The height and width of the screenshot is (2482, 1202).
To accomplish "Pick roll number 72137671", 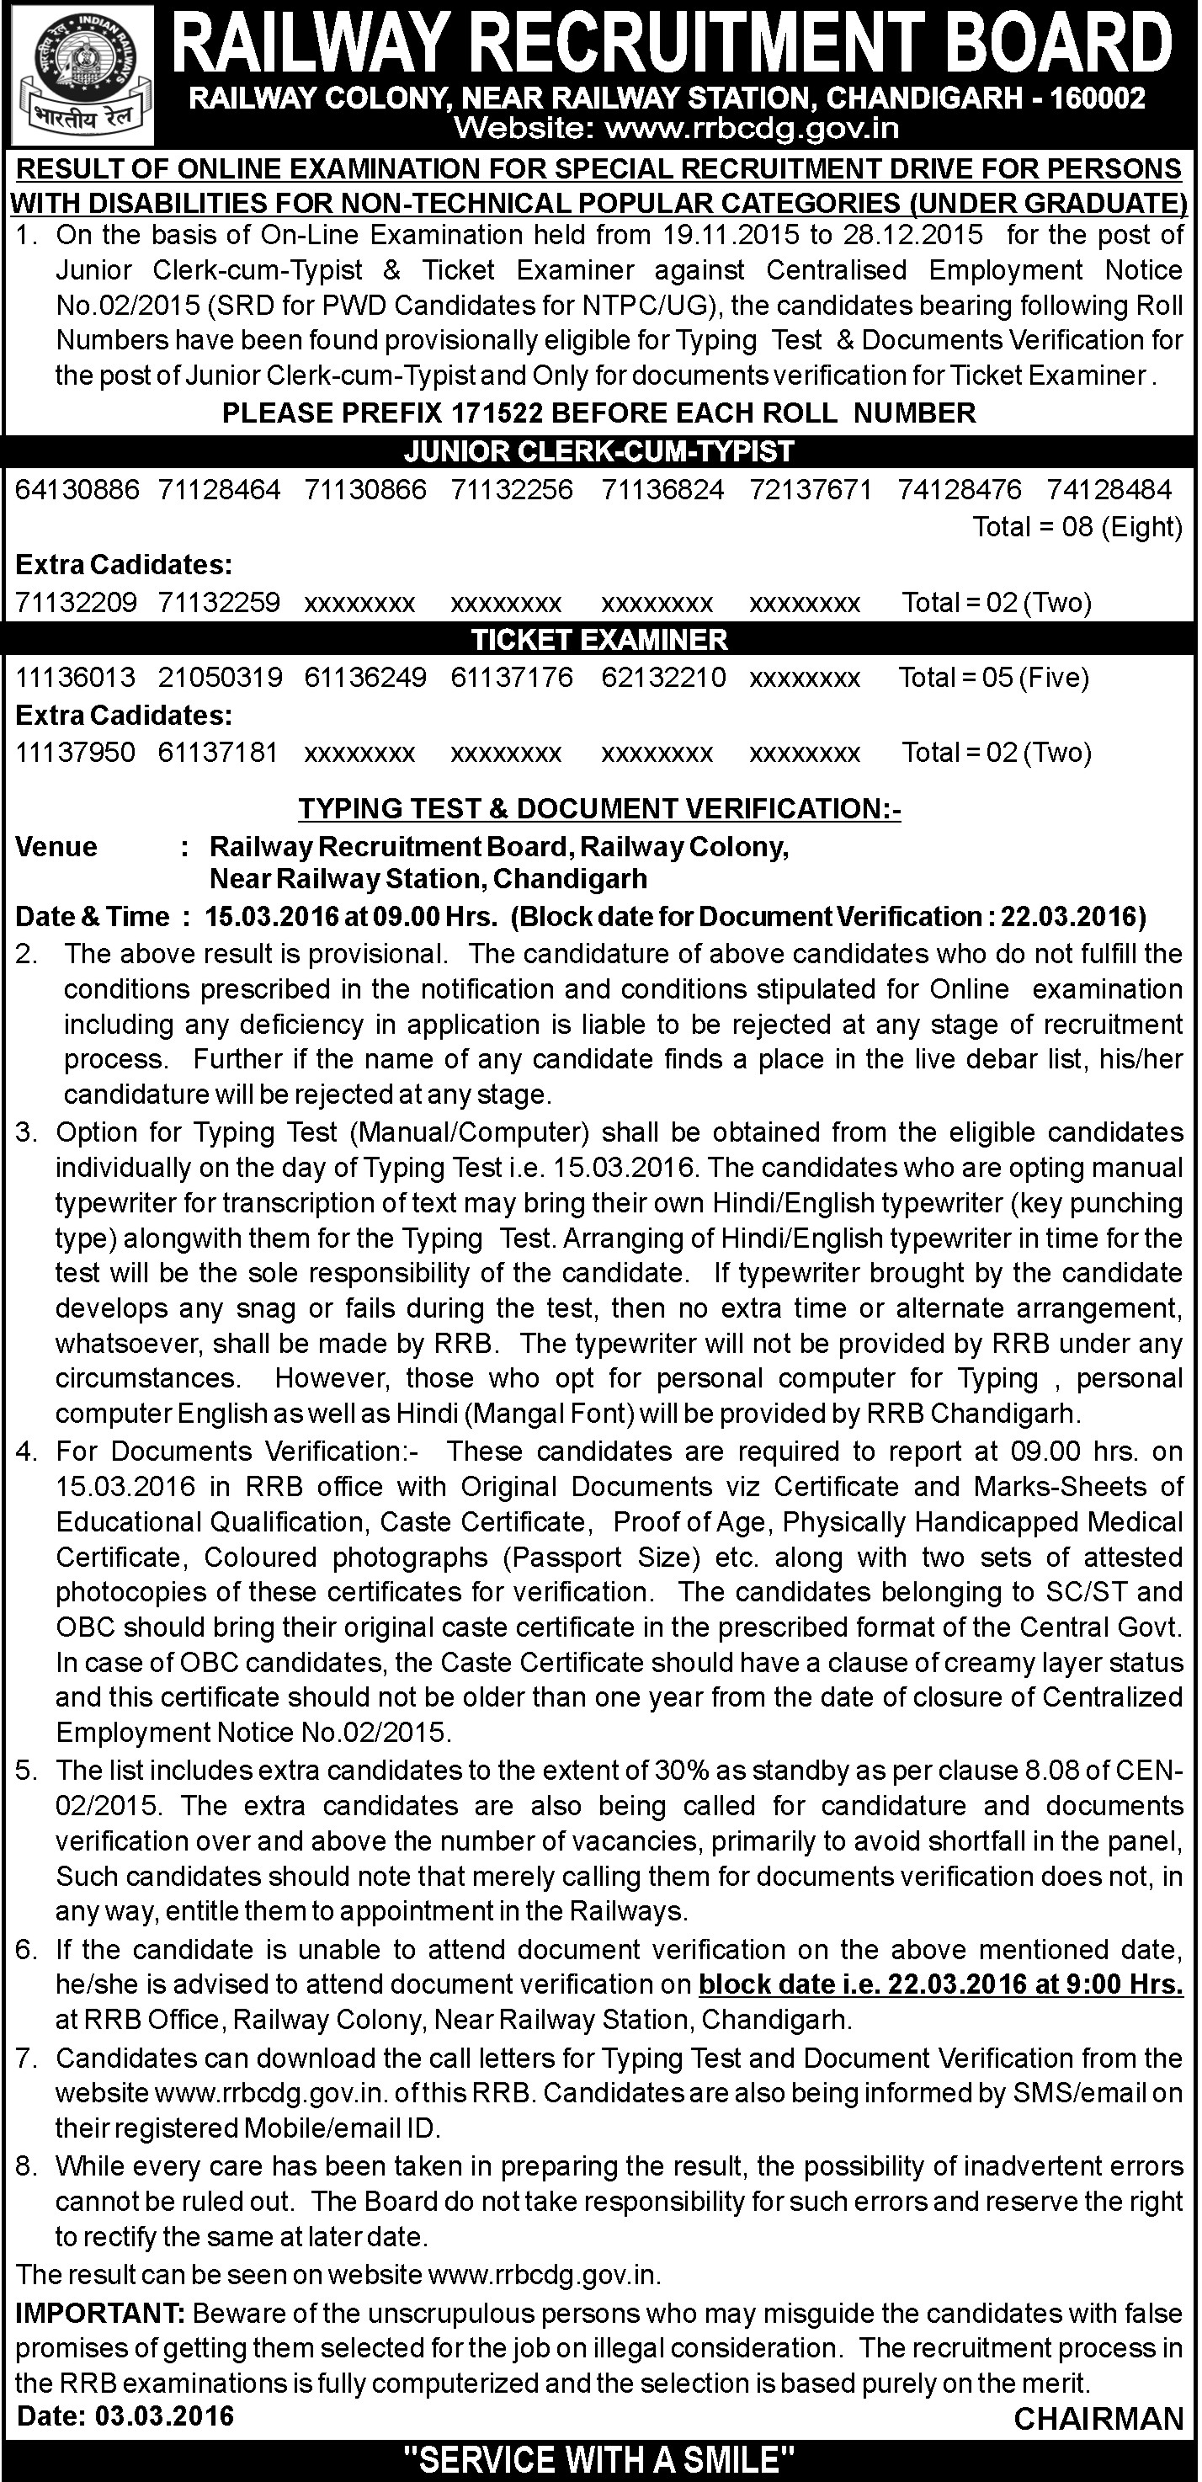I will pyautogui.click(x=810, y=489).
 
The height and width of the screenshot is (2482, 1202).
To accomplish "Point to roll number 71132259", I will pyautogui.click(x=220, y=602).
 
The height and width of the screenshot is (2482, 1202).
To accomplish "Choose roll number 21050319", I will pyautogui.click(x=221, y=678).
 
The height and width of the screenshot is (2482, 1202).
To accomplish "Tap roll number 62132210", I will pyautogui.click(x=663, y=678).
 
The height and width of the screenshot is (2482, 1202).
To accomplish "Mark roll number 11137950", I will pyautogui.click(x=75, y=753).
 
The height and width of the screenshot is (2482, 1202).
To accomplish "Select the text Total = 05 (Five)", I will pyautogui.click(x=993, y=678).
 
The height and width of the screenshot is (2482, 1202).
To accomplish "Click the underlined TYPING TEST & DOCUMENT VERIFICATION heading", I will pyautogui.click(x=599, y=808).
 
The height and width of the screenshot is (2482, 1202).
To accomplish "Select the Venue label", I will pyautogui.click(x=57, y=847).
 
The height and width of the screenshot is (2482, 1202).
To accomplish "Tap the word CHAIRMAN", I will pyautogui.click(x=1098, y=2418).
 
